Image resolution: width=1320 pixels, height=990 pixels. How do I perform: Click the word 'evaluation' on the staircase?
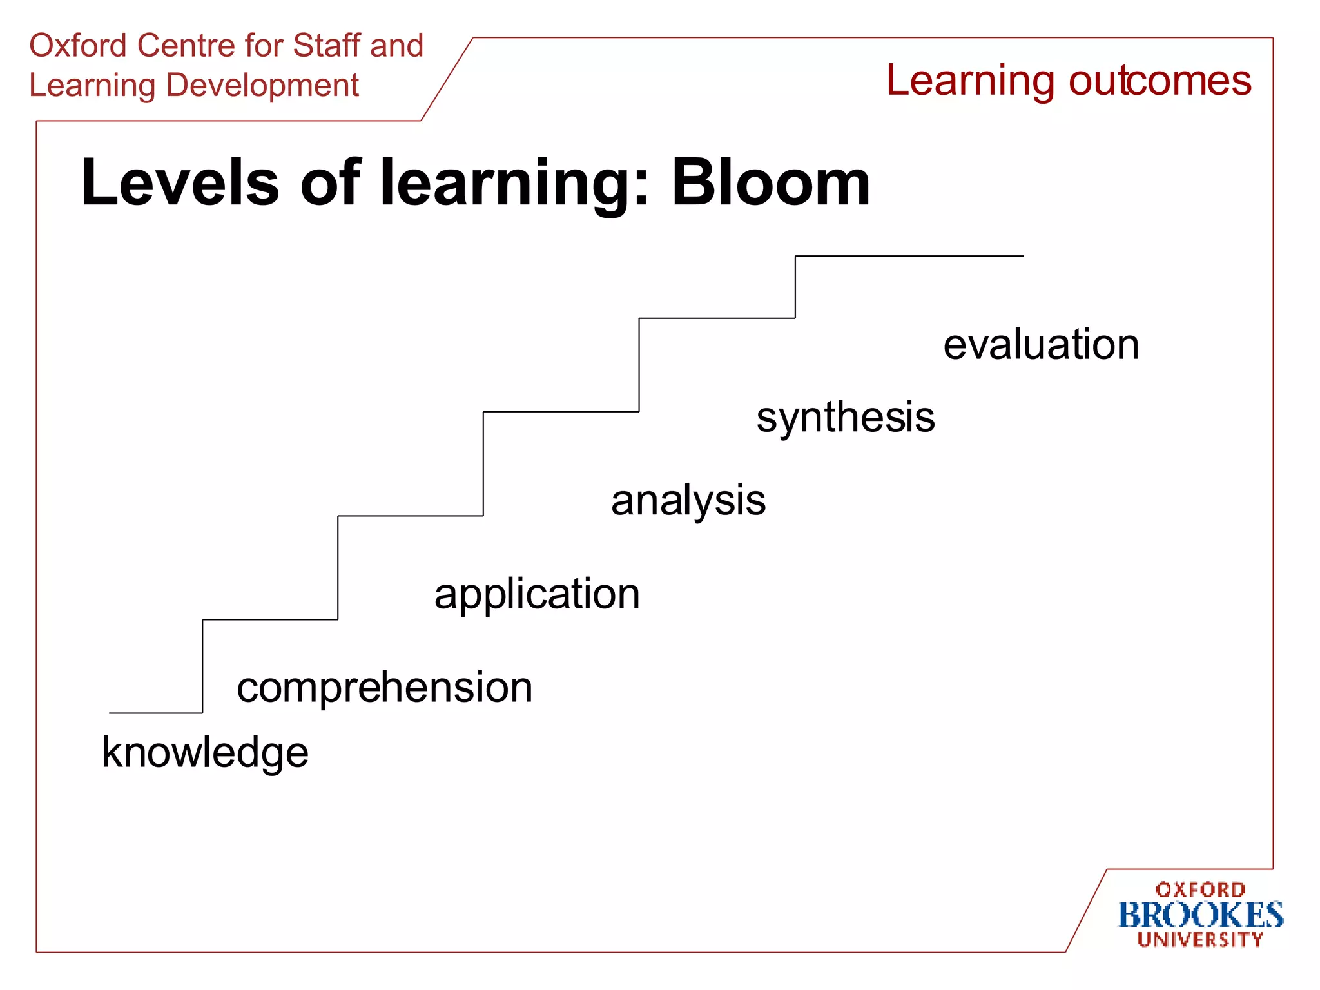(1041, 345)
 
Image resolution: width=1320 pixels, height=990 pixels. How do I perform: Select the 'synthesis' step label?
(845, 418)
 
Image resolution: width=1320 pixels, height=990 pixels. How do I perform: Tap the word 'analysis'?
(688, 501)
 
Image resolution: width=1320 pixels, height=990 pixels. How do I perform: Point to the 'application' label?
(537, 594)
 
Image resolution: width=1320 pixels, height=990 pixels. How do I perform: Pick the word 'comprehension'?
(385, 687)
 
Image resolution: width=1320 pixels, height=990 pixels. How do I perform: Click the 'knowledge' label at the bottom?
(205, 752)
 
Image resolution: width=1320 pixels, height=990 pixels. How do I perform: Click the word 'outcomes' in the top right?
(1160, 81)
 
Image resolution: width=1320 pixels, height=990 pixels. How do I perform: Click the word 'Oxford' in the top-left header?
(78, 46)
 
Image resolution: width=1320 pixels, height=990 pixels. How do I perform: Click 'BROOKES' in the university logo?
(1200, 915)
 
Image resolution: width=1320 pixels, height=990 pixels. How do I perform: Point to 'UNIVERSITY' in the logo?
(1200, 940)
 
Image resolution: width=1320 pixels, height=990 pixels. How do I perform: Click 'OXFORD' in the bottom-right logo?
(1200, 890)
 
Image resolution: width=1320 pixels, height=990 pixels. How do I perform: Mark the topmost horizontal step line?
(909, 256)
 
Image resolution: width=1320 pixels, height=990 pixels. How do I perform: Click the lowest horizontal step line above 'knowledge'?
(156, 713)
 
